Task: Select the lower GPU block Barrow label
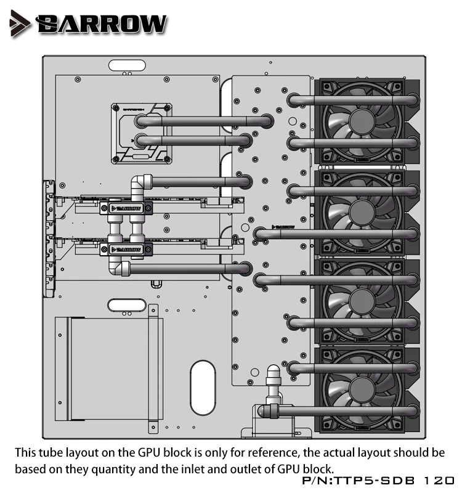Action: point(126,250)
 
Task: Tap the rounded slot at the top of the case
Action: point(128,64)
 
